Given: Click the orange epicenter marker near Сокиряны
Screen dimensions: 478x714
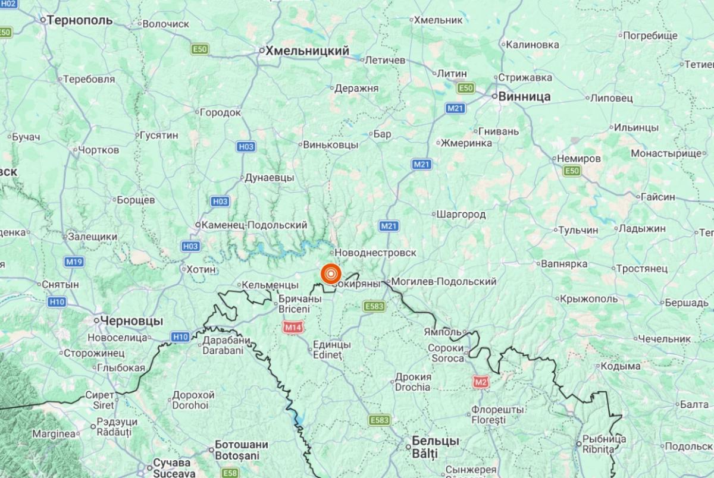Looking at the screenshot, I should click(x=331, y=274).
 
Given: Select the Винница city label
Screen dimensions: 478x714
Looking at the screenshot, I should click(x=524, y=96).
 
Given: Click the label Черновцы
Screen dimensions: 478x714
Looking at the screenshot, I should click(x=131, y=320).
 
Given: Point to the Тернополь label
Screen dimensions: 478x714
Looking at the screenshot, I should click(x=80, y=20).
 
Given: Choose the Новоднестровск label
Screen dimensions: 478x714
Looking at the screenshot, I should click(x=377, y=253).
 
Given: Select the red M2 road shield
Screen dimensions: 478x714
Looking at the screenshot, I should click(x=481, y=382).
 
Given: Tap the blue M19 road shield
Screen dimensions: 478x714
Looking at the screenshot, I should click(x=74, y=262).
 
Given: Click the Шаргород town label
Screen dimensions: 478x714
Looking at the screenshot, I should click(x=461, y=214).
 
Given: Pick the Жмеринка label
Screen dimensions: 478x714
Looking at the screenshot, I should click(x=466, y=143).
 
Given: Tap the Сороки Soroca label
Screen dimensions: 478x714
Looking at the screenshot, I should click(x=446, y=353).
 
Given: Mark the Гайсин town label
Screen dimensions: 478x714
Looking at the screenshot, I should click(x=657, y=197).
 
